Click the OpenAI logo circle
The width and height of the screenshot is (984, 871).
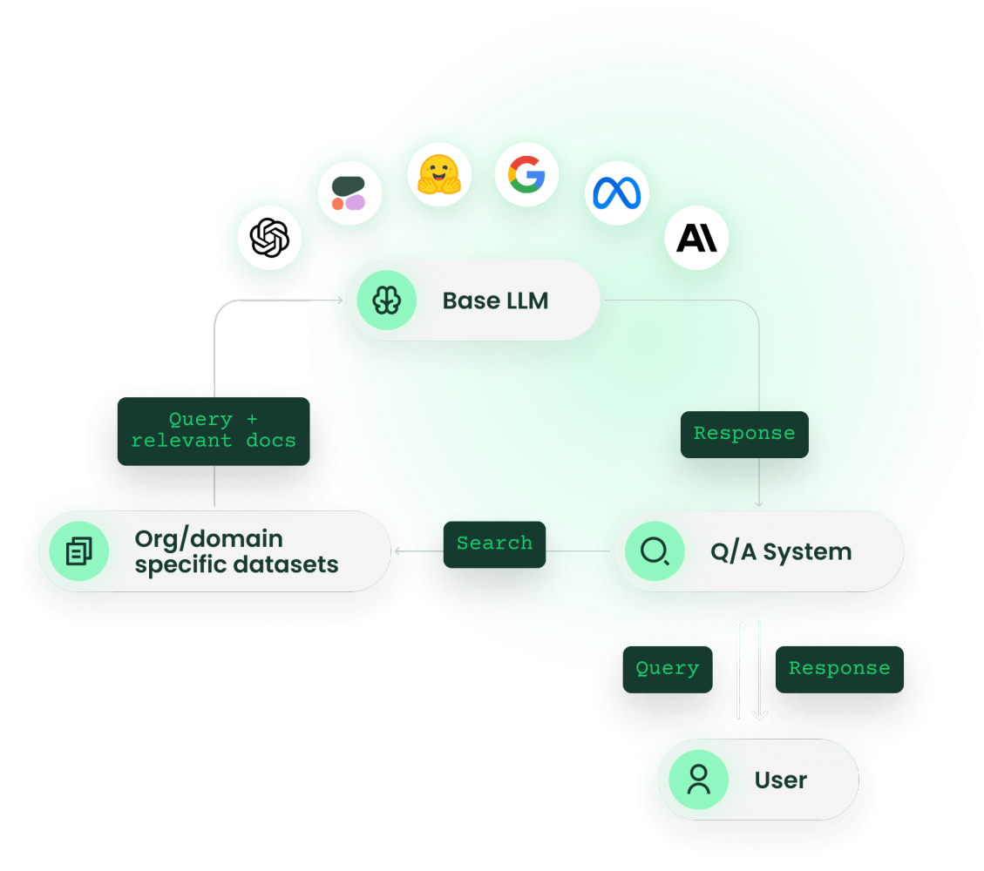(269, 238)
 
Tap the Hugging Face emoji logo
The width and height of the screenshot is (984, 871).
(439, 174)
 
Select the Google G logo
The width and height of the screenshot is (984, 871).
(526, 174)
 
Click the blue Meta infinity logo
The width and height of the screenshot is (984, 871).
(617, 192)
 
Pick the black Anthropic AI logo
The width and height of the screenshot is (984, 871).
(696, 237)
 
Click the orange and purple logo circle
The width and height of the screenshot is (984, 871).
(349, 193)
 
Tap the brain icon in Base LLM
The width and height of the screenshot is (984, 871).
(386, 300)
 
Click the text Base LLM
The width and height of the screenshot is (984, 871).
(495, 301)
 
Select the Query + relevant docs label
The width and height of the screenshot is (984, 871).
(214, 430)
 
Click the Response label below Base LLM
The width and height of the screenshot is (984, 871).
(743, 434)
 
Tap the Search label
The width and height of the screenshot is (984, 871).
(494, 544)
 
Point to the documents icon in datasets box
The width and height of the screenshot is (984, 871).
(78, 551)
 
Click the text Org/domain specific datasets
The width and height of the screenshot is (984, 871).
(236, 551)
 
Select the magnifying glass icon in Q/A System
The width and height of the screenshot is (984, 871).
(655, 551)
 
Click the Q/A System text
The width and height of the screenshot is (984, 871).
(780, 552)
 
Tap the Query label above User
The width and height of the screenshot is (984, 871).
(667, 669)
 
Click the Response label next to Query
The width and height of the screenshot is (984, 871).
(838, 669)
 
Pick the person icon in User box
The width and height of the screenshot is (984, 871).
(698, 780)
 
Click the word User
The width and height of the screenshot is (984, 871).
(780, 780)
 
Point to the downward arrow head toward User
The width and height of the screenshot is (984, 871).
(759, 714)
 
